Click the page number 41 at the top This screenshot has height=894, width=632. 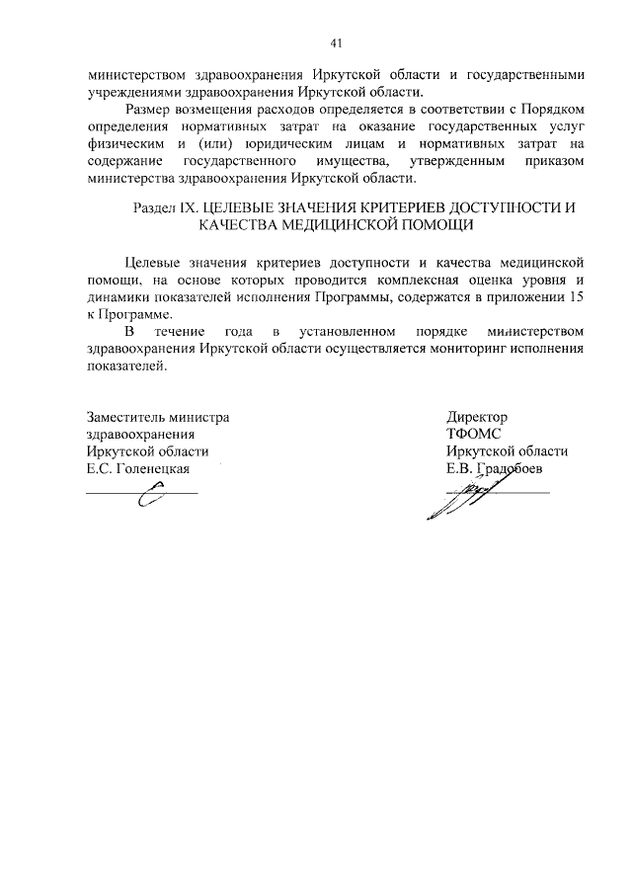click(x=336, y=43)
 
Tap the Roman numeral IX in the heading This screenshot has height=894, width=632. click(x=189, y=208)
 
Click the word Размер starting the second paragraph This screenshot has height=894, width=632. click(x=151, y=108)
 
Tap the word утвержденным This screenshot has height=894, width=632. click(x=474, y=161)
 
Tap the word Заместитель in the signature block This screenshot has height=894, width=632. click(x=122, y=417)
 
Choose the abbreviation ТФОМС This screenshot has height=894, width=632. click(x=474, y=434)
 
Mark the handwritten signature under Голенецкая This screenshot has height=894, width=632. click(x=150, y=499)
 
